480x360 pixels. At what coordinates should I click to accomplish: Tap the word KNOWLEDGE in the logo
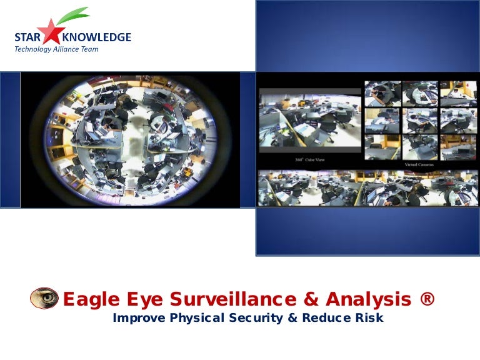102,37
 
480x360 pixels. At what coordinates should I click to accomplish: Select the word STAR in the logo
26,37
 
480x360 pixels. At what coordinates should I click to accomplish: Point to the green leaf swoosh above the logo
73,16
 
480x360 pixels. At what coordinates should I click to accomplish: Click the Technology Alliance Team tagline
56,49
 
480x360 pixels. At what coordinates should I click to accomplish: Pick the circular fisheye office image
130,139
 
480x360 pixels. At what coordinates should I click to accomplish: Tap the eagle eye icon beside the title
44,298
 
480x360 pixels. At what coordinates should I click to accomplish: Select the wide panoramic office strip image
367,188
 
